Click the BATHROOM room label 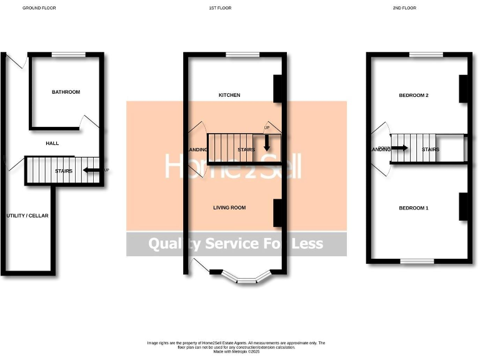[x=66, y=92]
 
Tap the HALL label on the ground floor [x=52, y=143]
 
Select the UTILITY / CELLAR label [x=27, y=216]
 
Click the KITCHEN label [x=229, y=95]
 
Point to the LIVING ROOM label [x=229, y=207]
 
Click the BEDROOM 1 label [x=414, y=207]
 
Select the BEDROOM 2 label [x=414, y=95]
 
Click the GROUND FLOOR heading [x=36, y=8]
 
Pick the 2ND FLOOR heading [x=404, y=8]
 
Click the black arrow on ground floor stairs [x=92, y=170]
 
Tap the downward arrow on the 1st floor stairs [x=266, y=143]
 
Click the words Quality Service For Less [x=236, y=244]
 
